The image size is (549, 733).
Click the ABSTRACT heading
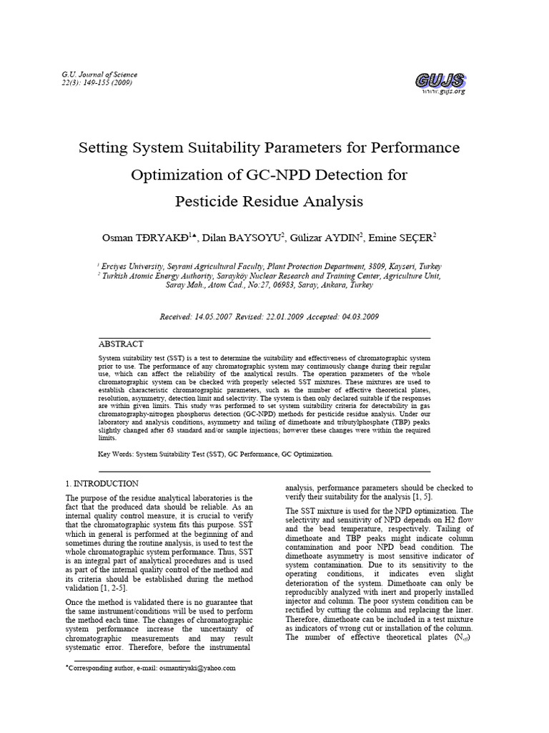121,344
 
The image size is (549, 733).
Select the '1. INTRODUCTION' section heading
102,484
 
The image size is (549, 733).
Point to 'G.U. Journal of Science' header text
100,74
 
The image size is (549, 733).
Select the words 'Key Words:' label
115,455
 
